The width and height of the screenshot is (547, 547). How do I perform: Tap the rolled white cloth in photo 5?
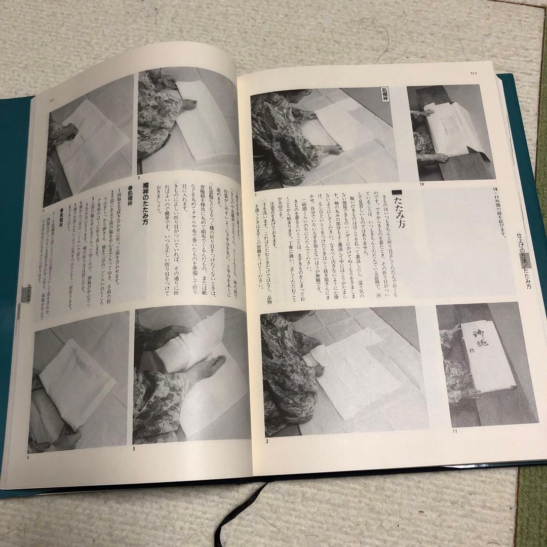(x=192, y=344)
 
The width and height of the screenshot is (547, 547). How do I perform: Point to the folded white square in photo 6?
(x=76, y=380)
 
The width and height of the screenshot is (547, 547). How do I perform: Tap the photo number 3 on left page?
(x=138, y=178)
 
